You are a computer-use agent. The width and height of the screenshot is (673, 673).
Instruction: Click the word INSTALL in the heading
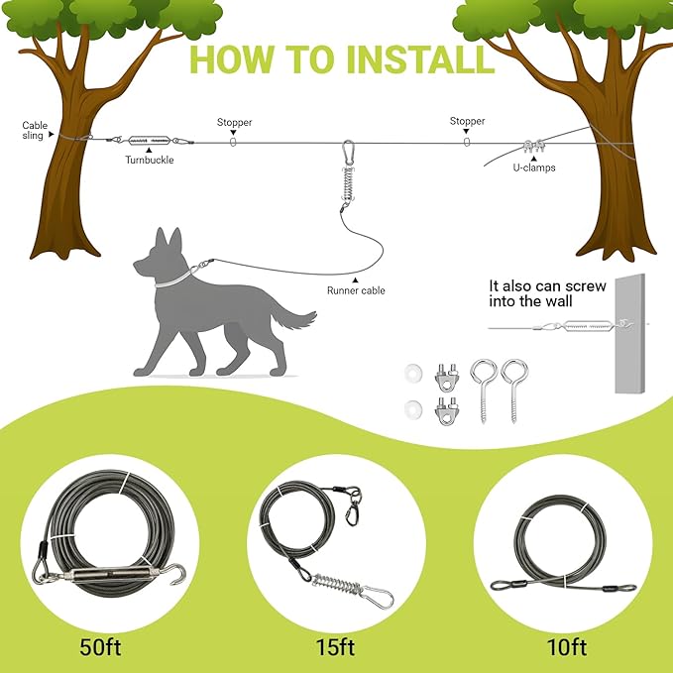click(x=415, y=57)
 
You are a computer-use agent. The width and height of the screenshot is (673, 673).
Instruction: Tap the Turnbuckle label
click(x=149, y=159)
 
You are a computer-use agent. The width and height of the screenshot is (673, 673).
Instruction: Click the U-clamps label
click(x=533, y=168)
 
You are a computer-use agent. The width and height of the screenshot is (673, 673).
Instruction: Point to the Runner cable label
click(x=356, y=290)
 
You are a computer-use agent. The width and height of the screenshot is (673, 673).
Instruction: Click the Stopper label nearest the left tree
click(x=234, y=123)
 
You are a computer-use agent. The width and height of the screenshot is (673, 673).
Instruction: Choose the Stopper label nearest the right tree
click(x=467, y=122)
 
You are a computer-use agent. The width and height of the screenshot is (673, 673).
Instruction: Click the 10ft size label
click(x=565, y=648)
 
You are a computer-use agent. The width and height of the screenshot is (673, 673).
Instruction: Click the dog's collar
click(x=175, y=276)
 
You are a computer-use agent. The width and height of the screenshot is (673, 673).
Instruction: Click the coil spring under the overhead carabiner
click(x=347, y=185)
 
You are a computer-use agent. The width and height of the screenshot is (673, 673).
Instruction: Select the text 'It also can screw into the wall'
click(x=547, y=293)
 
